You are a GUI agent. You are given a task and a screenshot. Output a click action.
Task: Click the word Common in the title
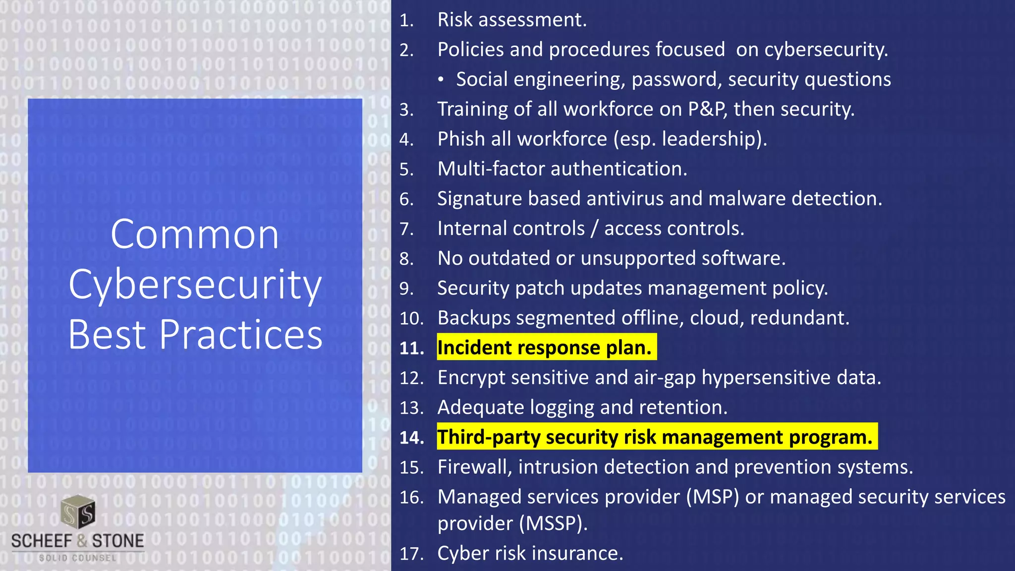point(194,235)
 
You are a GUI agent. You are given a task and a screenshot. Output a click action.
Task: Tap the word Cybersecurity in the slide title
point(195,285)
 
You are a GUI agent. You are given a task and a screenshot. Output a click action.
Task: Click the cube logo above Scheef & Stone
point(78,512)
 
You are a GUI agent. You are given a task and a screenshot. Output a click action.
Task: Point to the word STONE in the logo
point(118,541)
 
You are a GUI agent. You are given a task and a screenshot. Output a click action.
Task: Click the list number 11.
point(411,348)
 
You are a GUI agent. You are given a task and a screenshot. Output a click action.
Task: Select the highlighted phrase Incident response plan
point(544,347)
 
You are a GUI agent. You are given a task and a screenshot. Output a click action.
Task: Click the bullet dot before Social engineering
point(441,80)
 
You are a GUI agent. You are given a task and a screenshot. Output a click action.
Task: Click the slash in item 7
point(594,228)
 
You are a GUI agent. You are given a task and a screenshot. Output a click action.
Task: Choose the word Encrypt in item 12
point(471,378)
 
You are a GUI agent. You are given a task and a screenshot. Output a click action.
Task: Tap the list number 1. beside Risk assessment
point(406,20)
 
